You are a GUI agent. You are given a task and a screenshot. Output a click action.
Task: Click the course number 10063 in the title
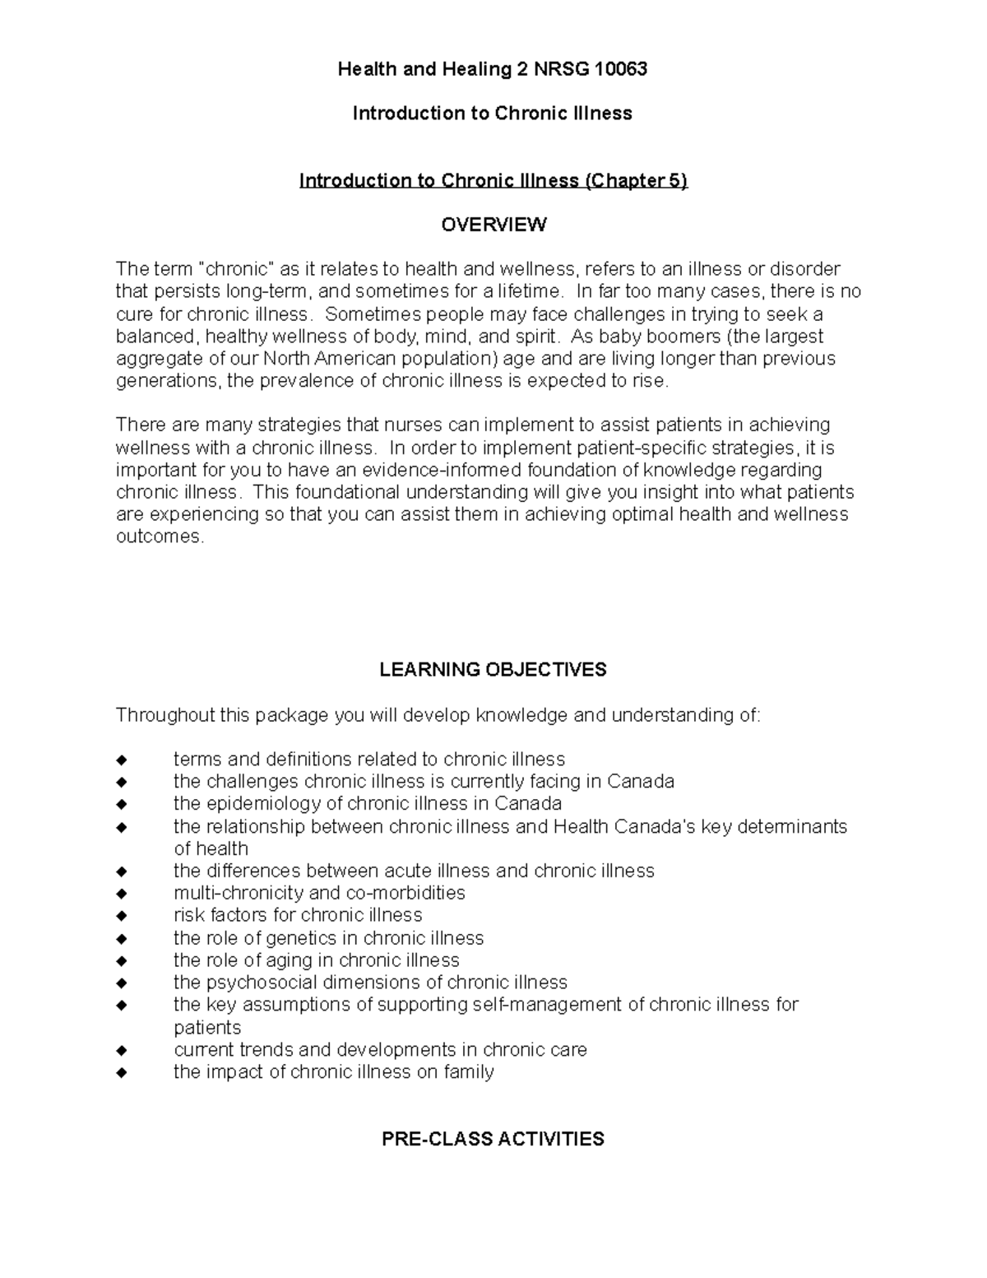pyautogui.click(x=622, y=69)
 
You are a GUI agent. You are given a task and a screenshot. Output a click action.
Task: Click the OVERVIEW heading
pyautogui.click(x=493, y=225)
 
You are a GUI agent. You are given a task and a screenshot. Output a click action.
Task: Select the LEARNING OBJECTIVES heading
pyautogui.click(x=493, y=670)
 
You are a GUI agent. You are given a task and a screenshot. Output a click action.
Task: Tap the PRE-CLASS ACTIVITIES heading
pyautogui.click(x=493, y=1139)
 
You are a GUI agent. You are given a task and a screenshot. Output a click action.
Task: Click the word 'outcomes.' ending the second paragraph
pyautogui.click(x=159, y=537)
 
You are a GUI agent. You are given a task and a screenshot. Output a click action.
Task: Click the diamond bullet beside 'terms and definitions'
pyautogui.click(x=123, y=760)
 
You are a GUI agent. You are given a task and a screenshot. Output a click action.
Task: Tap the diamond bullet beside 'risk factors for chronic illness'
pyautogui.click(x=123, y=916)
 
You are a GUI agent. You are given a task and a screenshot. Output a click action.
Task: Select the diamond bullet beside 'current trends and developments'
pyautogui.click(x=123, y=1051)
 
